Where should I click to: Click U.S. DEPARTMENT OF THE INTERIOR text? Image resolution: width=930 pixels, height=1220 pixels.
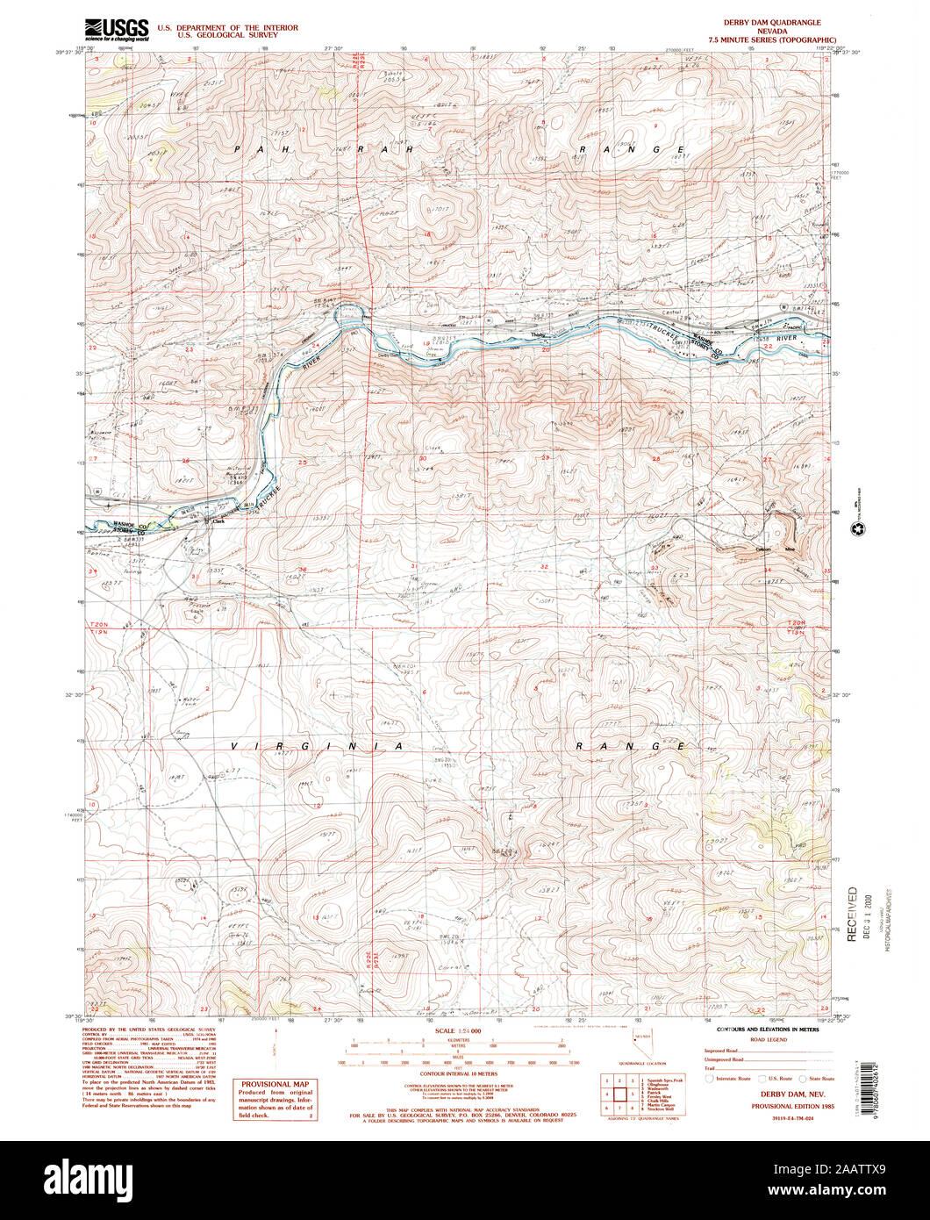coord(227,27)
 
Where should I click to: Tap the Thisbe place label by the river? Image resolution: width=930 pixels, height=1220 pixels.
coord(537,334)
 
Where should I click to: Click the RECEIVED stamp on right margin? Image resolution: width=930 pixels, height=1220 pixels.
coord(851,914)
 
